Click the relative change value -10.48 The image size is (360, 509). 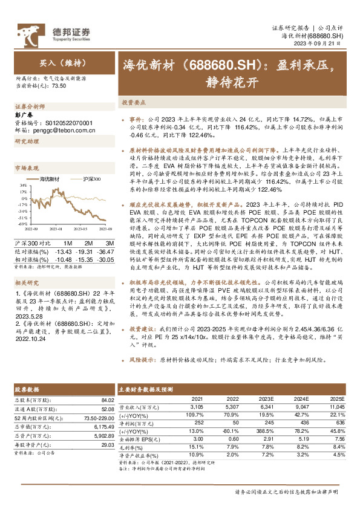click(x=63, y=259)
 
